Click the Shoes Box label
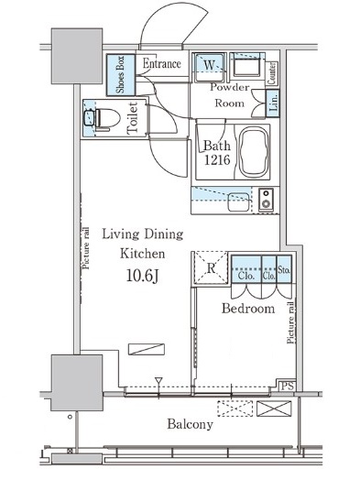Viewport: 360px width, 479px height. click(x=120, y=75)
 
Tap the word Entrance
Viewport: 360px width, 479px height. click(x=161, y=63)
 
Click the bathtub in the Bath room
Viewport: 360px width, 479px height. click(x=254, y=152)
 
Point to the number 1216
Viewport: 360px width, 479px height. click(x=217, y=159)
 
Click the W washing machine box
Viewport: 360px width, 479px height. click(x=210, y=67)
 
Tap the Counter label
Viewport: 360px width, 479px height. click(x=271, y=73)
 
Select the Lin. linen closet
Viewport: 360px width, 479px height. click(x=273, y=103)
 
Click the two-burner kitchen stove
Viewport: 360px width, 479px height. click(x=266, y=200)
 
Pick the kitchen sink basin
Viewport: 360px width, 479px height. click(x=238, y=201)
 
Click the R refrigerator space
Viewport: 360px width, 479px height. click(x=211, y=268)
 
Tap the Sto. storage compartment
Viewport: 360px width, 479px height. click(x=284, y=268)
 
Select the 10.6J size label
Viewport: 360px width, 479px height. click(x=142, y=276)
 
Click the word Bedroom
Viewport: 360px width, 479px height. click(x=248, y=309)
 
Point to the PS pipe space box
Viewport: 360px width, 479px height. click(x=288, y=386)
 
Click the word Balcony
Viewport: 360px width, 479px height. click(x=190, y=424)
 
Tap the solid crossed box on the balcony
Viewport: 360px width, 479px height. click(x=274, y=408)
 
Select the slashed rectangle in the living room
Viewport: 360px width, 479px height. click(x=147, y=349)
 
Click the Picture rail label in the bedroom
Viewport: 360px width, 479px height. click(x=290, y=322)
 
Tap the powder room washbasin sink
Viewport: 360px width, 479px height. click(x=246, y=68)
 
